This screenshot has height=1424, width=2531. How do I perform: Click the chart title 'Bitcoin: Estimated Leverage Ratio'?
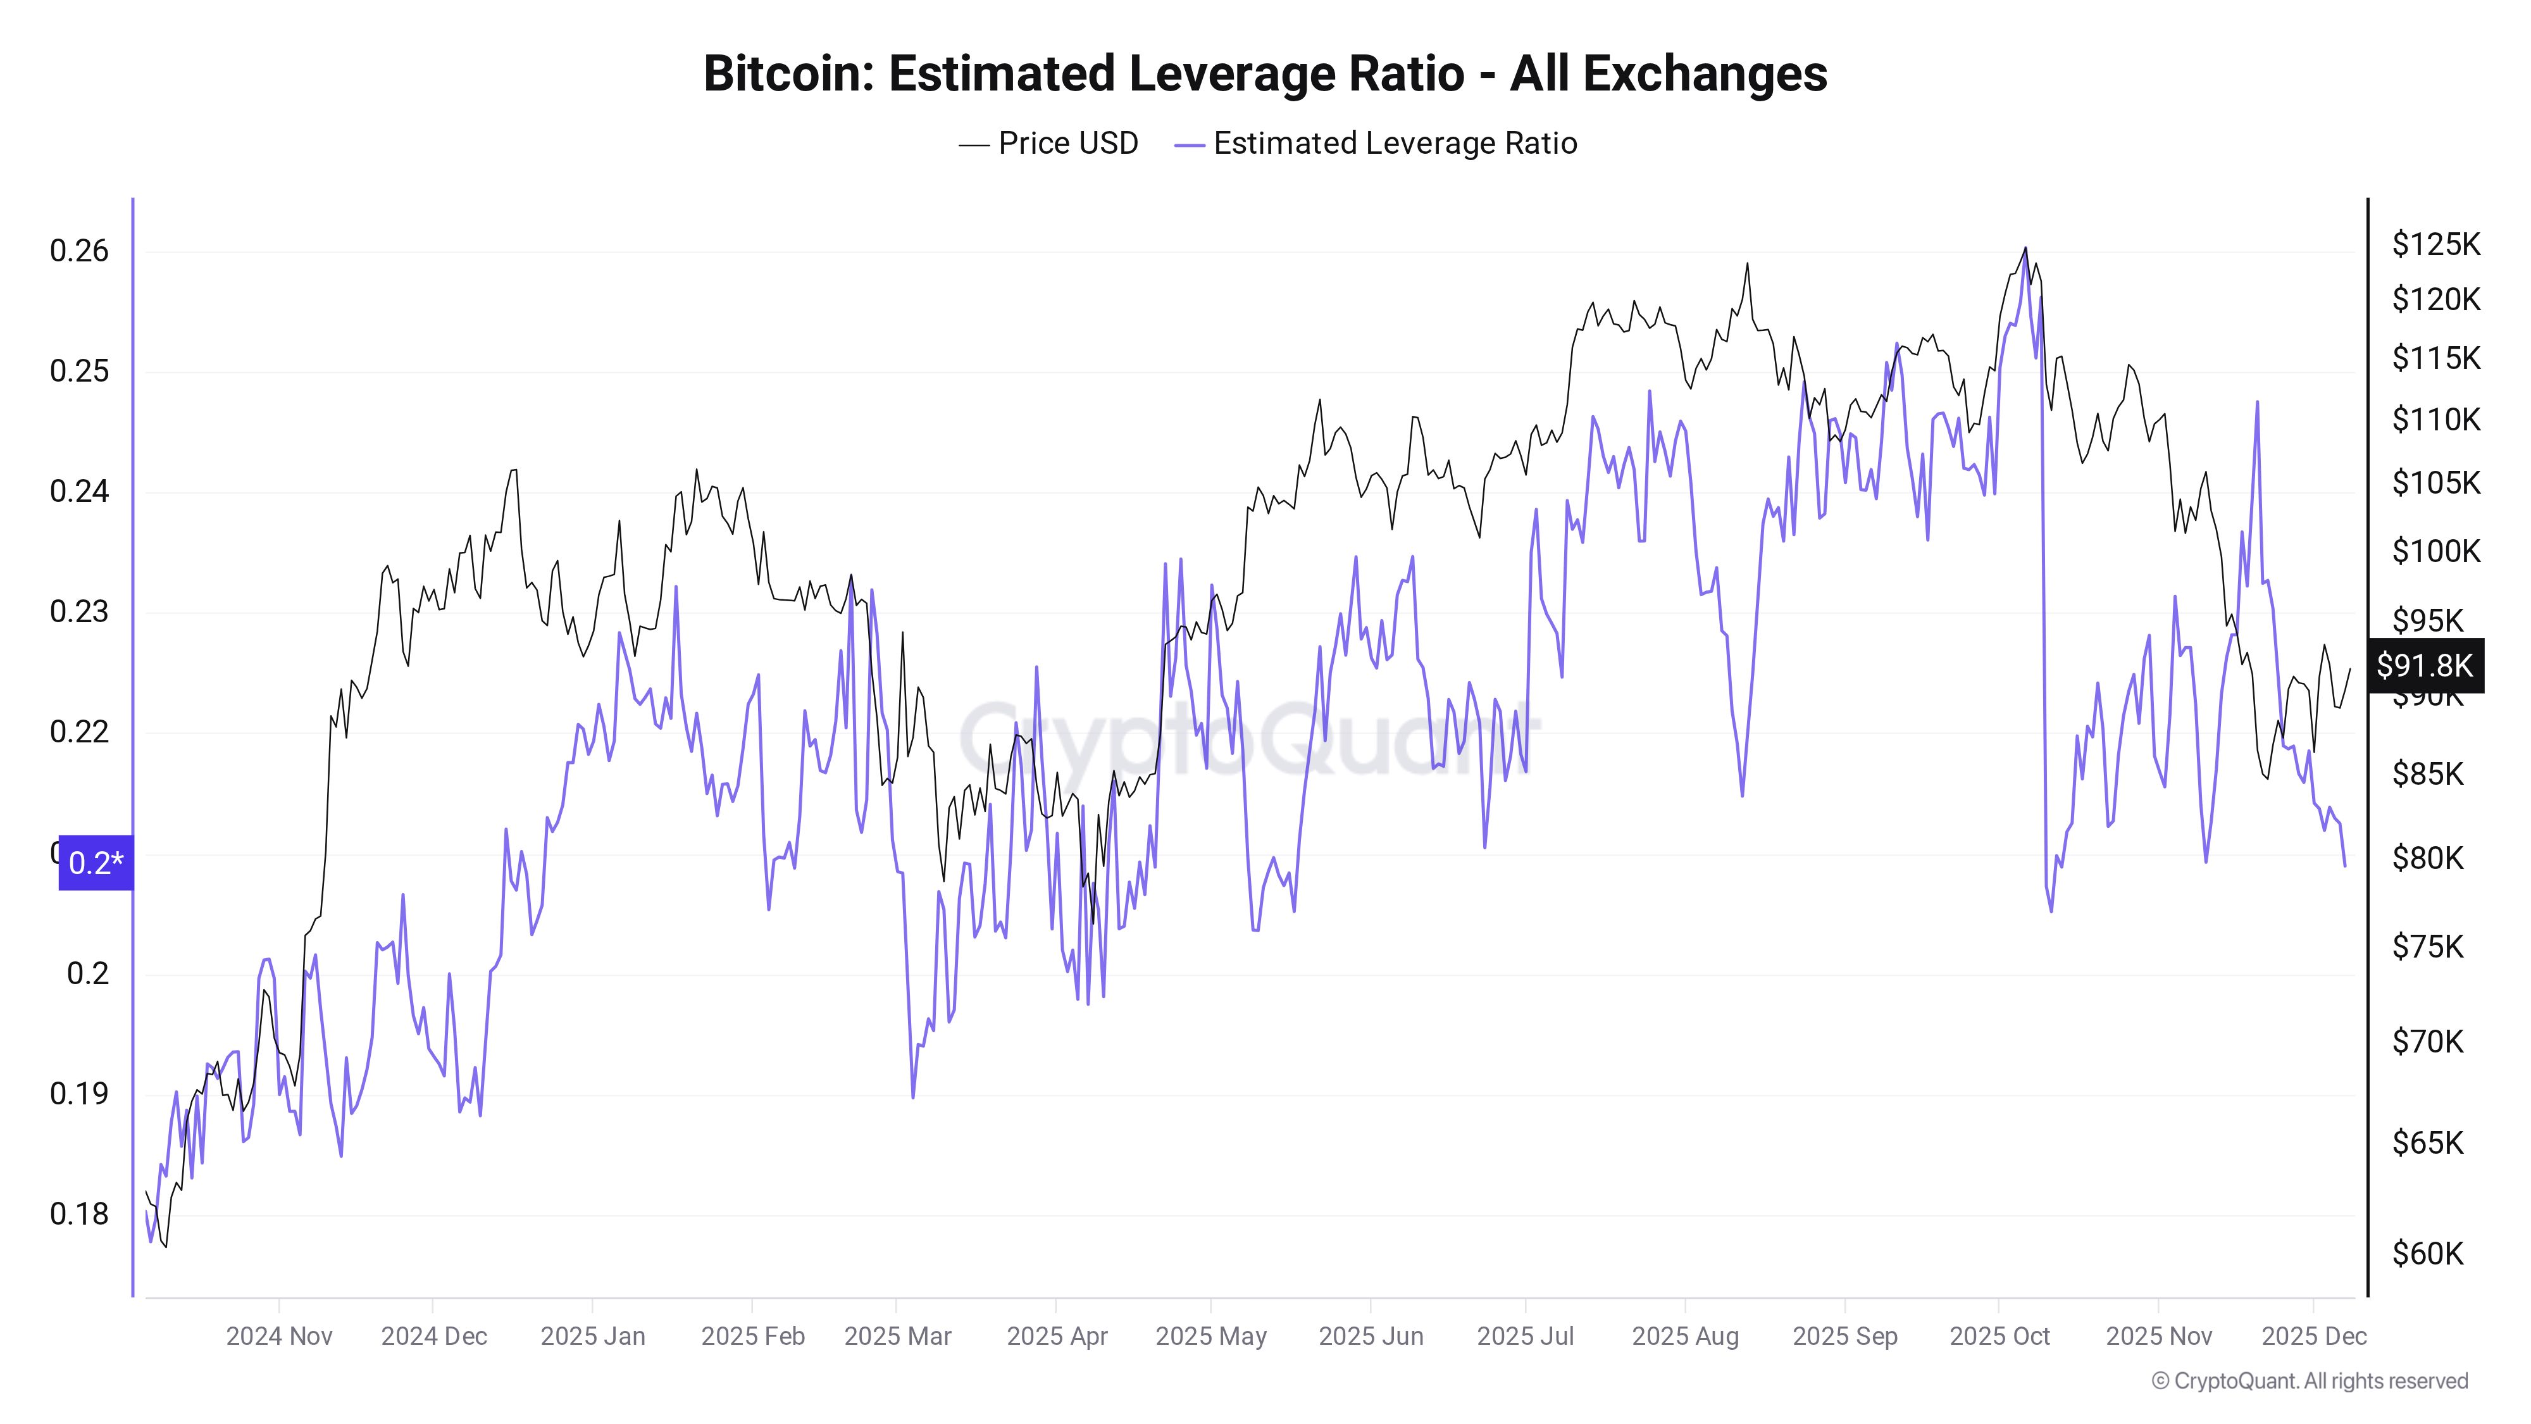(x=1264, y=73)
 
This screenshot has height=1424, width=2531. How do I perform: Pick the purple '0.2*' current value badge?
(x=96, y=863)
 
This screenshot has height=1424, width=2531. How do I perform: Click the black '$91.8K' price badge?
(x=2424, y=665)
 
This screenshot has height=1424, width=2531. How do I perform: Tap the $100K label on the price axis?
(x=2435, y=551)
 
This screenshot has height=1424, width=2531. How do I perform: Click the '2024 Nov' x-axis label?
(x=279, y=1337)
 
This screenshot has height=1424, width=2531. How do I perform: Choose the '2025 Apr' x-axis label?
(x=1056, y=1337)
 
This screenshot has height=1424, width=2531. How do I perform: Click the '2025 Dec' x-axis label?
(x=2314, y=1337)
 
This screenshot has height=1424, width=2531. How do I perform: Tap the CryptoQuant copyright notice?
(x=2309, y=1381)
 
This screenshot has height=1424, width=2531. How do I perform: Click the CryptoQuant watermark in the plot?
(x=1248, y=737)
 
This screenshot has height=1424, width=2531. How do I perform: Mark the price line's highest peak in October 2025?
(x=2025, y=249)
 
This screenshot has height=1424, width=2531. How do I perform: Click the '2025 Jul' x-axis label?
(x=1525, y=1337)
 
